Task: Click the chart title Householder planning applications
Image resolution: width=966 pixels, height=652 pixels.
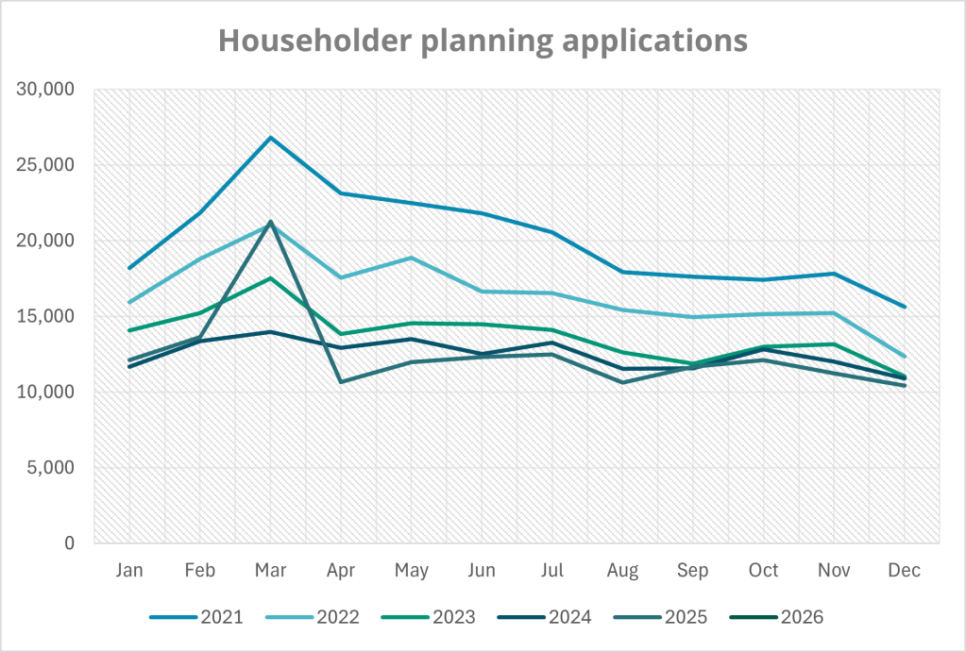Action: [x=483, y=41]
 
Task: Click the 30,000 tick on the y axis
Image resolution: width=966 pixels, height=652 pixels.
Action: [x=46, y=91]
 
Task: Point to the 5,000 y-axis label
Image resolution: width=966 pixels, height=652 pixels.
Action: [x=52, y=468]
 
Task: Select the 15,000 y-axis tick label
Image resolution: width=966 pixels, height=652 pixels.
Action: [x=46, y=317]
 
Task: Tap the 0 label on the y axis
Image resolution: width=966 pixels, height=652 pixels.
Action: [x=70, y=543]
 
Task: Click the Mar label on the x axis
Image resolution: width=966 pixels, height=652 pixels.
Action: [x=270, y=571]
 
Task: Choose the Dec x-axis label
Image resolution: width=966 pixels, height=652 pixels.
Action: [x=904, y=571]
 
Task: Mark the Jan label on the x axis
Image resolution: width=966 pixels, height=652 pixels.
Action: [x=129, y=571]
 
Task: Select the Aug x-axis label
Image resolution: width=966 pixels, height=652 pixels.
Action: [x=622, y=571]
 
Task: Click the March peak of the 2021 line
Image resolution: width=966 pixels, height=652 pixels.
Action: [x=270, y=138]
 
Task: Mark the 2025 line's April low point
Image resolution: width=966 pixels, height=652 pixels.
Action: [x=341, y=381]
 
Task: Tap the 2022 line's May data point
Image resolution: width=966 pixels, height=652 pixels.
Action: [x=411, y=258]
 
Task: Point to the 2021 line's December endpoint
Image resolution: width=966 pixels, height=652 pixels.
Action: [x=904, y=307]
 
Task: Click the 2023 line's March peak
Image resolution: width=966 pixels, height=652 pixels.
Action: [x=270, y=278]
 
